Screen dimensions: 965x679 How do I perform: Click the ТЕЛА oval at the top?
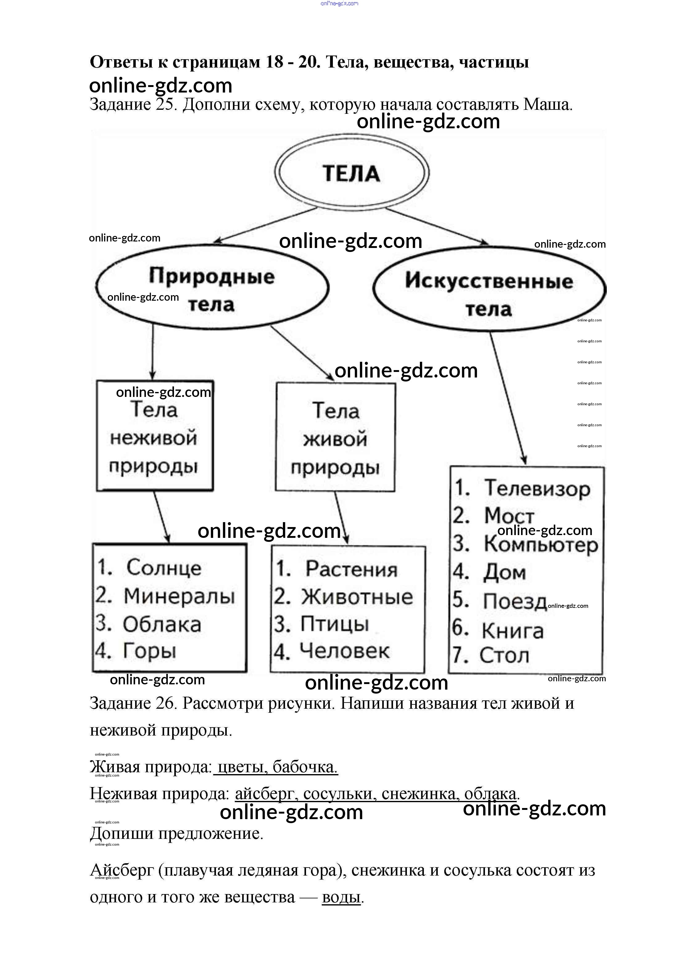(x=352, y=173)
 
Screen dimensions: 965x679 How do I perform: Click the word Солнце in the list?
(x=164, y=567)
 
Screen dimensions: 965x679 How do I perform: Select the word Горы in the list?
(x=149, y=651)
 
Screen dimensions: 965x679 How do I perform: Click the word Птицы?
(x=334, y=624)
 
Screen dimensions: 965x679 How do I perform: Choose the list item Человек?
(x=344, y=651)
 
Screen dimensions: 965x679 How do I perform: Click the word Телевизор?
(x=537, y=489)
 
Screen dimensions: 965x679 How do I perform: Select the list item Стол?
(x=504, y=655)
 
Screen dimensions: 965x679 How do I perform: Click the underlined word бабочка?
(x=304, y=767)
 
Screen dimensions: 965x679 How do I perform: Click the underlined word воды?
(x=341, y=897)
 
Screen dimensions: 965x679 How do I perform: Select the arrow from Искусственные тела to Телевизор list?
(x=508, y=398)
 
